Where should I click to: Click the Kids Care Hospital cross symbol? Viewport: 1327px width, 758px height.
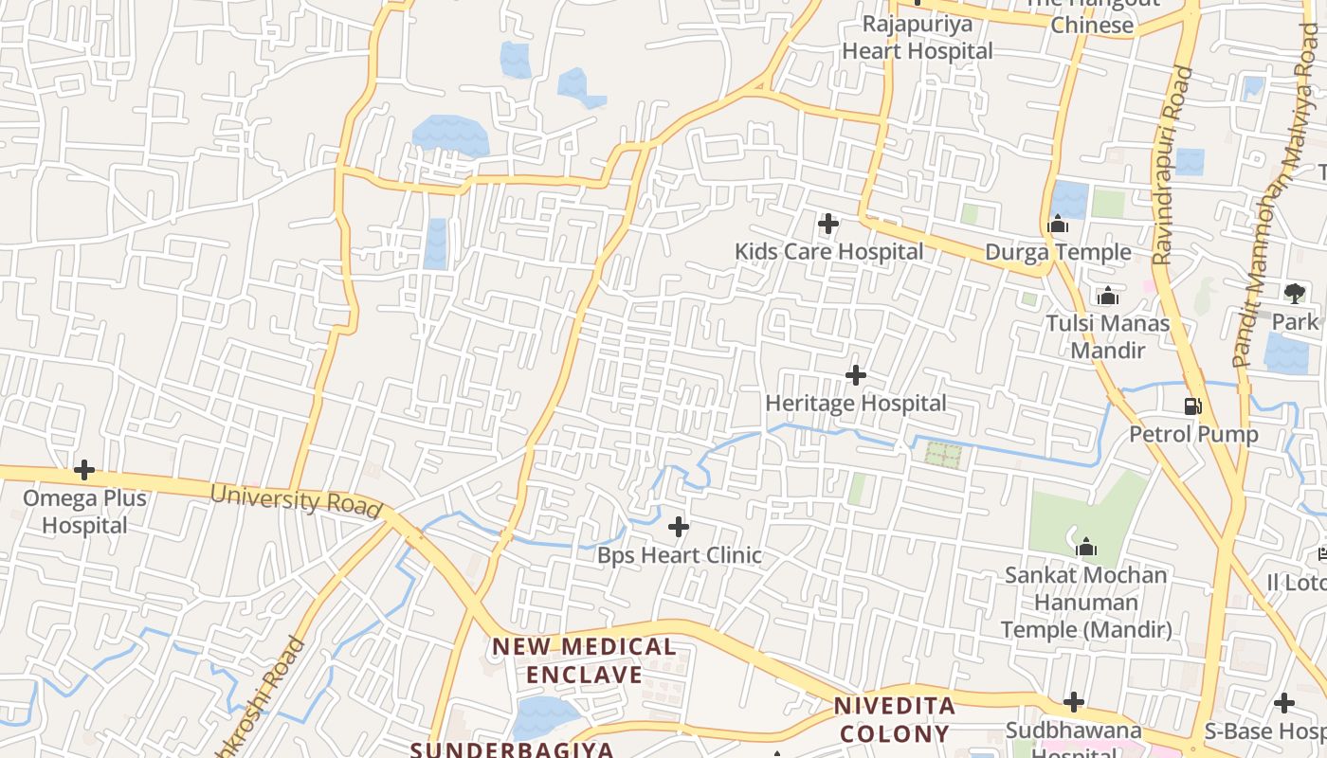(x=828, y=225)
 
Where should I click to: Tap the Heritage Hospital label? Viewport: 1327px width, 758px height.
(x=855, y=404)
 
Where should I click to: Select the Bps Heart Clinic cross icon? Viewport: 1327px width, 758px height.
(x=679, y=527)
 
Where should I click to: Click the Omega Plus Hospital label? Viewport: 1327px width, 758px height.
(x=84, y=512)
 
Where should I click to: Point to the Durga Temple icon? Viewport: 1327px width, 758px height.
(x=1058, y=226)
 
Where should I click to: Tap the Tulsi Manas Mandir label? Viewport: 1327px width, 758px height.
(x=1108, y=336)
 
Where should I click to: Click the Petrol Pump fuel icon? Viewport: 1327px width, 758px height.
(x=1192, y=407)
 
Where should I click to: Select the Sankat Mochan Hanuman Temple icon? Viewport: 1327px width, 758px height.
(x=1086, y=547)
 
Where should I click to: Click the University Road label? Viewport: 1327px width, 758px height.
(x=296, y=499)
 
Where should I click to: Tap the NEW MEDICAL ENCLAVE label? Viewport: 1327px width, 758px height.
(x=584, y=660)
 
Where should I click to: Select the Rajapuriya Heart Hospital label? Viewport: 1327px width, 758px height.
(x=918, y=38)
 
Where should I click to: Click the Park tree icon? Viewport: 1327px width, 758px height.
(x=1294, y=293)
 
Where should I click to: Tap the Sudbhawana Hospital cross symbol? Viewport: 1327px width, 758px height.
(x=1073, y=702)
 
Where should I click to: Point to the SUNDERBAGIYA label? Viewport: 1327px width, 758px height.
(x=512, y=749)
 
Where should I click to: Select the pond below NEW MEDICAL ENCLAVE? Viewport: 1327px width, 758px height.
(x=544, y=717)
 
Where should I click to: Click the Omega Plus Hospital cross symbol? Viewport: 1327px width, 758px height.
(x=84, y=469)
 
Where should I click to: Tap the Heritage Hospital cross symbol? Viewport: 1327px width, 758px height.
(x=856, y=375)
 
